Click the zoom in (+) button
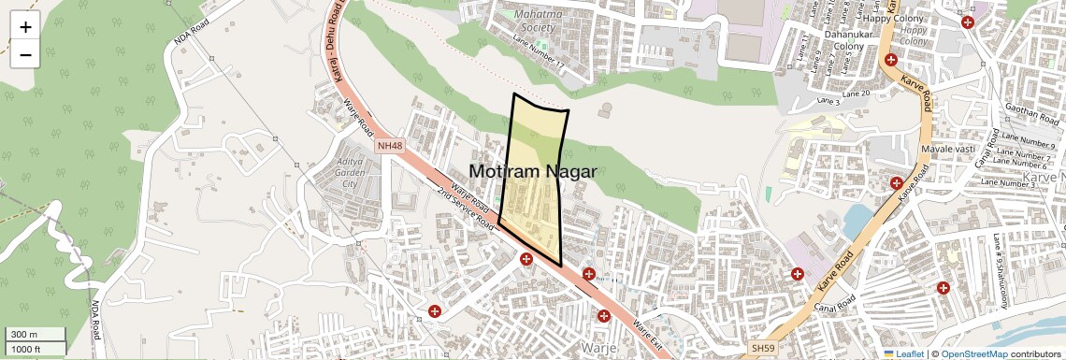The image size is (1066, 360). [x=25, y=26]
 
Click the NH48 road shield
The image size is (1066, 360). [x=389, y=146]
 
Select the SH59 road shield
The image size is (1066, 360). [x=763, y=348]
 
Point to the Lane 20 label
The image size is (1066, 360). [x=856, y=94]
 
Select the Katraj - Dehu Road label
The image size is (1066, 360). [x=334, y=47]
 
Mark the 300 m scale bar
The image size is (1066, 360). [x=34, y=334]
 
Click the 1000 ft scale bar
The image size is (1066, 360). [x=34, y=349]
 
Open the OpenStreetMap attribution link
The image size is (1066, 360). [x=973, y=353]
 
